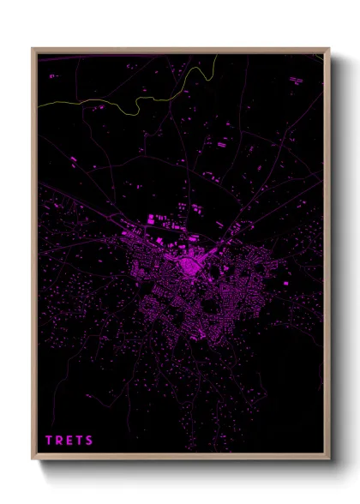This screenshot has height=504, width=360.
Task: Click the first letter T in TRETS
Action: tap(49, 441)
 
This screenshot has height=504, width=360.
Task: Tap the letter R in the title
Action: tap(60, 441)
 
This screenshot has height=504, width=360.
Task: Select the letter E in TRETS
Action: tap(70, 441)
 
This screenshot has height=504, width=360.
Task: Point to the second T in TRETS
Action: tap(81, 441)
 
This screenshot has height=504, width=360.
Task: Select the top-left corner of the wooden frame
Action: tap(33, 49)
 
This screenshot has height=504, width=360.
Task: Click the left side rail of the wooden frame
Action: tap(34, 257)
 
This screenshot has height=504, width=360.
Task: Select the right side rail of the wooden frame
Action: tap(327, 257)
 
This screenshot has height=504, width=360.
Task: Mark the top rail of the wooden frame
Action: tap(180, 51)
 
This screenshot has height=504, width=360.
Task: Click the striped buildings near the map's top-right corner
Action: tap(296, 80)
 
